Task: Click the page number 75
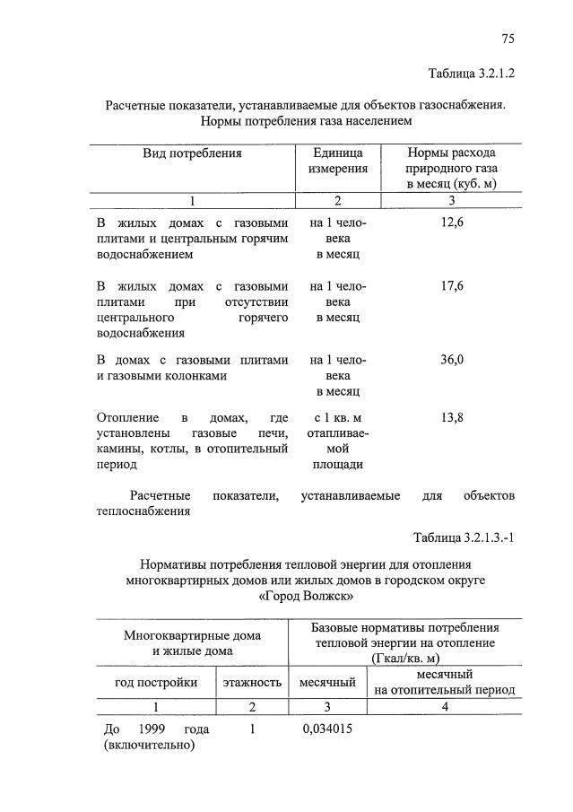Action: [x=508, y=39]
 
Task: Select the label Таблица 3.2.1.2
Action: [x=472, y=73]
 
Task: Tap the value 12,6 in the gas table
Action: [x=451, y=223]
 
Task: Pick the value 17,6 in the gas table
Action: [x=451, y=286]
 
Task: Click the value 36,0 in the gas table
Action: [x=451, y=360]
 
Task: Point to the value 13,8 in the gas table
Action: [x=451, y=418]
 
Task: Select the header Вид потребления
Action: [x=192, y=153]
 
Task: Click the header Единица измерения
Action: [x=338, y=161]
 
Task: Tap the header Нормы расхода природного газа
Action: [x=451, y=168]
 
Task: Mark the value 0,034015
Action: [x=327, y=729]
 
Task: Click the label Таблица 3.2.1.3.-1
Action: [x=464, y=537]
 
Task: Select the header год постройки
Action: [x=156, y=682]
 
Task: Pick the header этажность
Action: [x=253, y=682]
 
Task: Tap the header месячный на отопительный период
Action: [x=444, y=682]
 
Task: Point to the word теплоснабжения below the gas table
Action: [x=136, y=511]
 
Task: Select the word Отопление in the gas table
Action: [x=127, y=418]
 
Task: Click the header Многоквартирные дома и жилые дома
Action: [x=192, y=642]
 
